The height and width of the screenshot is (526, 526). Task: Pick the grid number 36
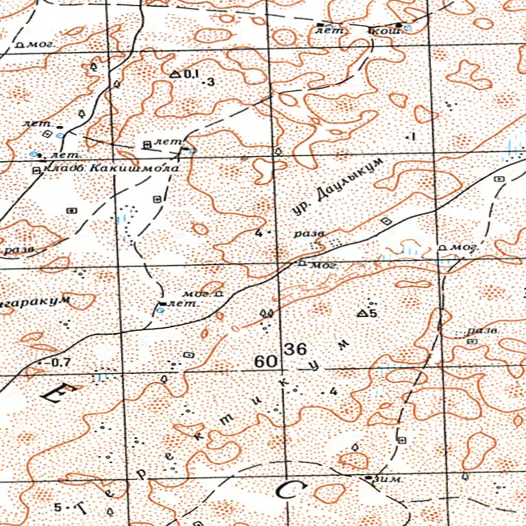pos(296,349)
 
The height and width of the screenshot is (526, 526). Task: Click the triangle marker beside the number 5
pos(362,313)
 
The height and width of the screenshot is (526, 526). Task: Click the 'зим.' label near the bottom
pos(387,479)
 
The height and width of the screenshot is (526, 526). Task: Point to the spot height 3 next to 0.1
pos(211,82)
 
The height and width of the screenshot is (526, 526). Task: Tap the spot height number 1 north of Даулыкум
pos(413,137)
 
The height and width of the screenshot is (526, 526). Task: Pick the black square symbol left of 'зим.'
pos(369,477)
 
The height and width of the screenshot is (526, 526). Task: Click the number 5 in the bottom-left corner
pos(58,508)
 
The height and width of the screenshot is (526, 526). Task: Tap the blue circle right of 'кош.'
pos(407,28)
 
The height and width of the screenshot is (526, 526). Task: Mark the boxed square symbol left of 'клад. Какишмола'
pos(36,169)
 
